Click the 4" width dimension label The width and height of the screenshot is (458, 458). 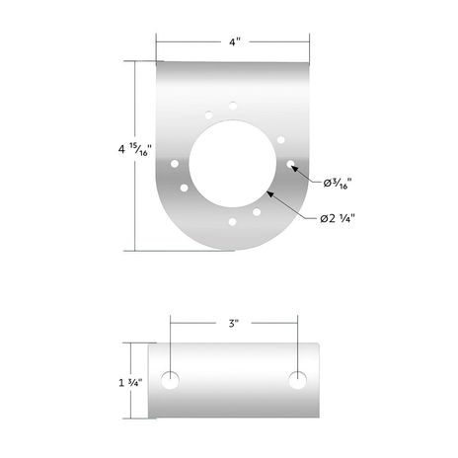235,42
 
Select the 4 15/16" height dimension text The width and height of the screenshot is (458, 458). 134,150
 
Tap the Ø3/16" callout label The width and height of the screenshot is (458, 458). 338,183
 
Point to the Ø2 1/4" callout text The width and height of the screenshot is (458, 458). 338,218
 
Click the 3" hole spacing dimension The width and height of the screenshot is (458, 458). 234,323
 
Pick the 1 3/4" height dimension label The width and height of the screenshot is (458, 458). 130,383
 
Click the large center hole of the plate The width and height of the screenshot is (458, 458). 232,164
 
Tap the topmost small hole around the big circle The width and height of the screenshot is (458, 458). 233,106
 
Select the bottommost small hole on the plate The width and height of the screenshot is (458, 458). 232,222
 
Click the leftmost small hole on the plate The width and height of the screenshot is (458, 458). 175,164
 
